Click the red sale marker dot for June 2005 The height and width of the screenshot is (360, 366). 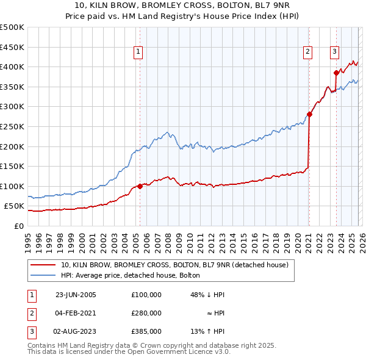coord(140,186)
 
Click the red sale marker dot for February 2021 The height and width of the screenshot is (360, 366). coord(309,114)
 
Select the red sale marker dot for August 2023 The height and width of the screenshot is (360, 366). coord(336,73)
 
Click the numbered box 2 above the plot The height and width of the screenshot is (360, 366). coord(309,52)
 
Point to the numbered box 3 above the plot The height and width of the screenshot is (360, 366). coord(335,52)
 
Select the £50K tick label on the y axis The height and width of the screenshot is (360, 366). coord(14,206)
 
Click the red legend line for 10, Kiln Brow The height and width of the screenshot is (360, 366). coord(43,265)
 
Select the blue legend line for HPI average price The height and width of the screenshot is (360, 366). coord(43,276)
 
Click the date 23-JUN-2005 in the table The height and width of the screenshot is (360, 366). coord(76,295)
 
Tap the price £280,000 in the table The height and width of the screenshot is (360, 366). coord(146,313)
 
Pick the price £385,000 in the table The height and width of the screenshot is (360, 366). coord(146,331)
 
